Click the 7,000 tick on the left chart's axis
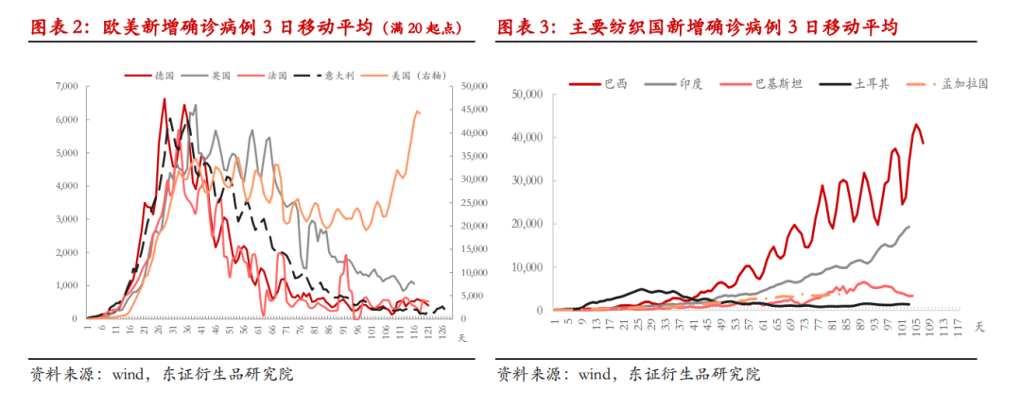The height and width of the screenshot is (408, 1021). click(62, 86)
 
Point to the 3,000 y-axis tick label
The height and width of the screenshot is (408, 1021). click(62, 219)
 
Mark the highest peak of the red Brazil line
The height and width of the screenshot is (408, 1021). click(915, 124)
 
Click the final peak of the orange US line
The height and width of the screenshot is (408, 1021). click(417, 111)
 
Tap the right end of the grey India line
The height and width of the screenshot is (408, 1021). click(909, 226)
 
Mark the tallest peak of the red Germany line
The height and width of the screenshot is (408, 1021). click(164, 98)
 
